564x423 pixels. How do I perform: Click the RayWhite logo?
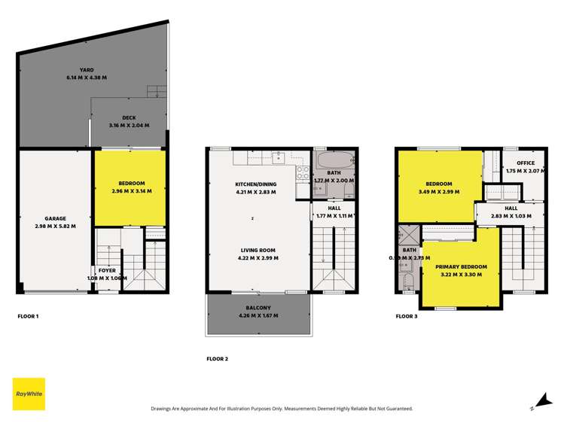(29, 394)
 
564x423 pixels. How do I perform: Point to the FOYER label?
(106, 270)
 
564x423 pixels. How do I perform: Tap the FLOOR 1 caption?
(28, 316)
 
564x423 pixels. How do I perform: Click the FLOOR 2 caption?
(217, 359)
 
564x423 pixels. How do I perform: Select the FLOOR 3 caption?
(406, 316)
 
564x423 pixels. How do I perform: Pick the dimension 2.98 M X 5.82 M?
(56, 226)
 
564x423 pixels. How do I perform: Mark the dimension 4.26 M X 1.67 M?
(258, 315)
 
